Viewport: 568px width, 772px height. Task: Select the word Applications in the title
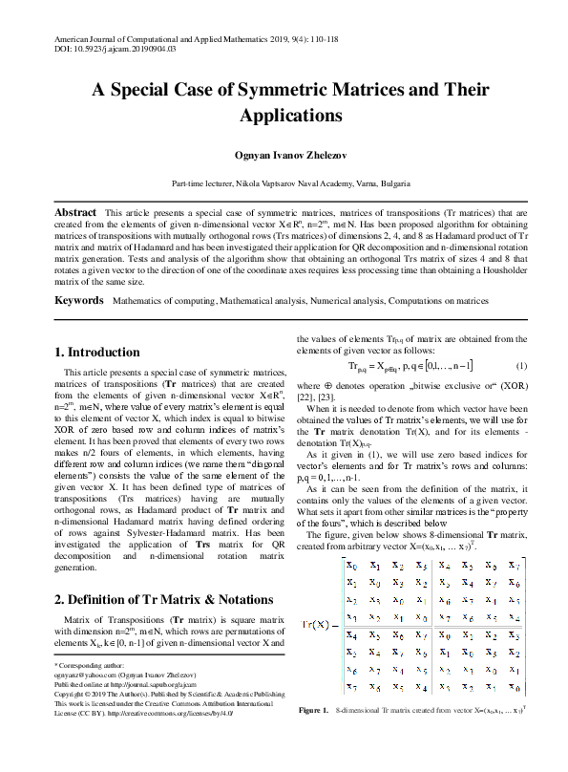[x=284, y=117]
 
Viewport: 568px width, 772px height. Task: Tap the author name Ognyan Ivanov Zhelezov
[x=284, y=154]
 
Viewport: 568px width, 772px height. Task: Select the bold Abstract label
[x=75, y=211]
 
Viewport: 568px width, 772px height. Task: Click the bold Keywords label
[x=78, y=300]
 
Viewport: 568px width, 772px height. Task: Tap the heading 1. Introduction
[x=97, y=352]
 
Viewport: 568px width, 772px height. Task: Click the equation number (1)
[x=521, y=366]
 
